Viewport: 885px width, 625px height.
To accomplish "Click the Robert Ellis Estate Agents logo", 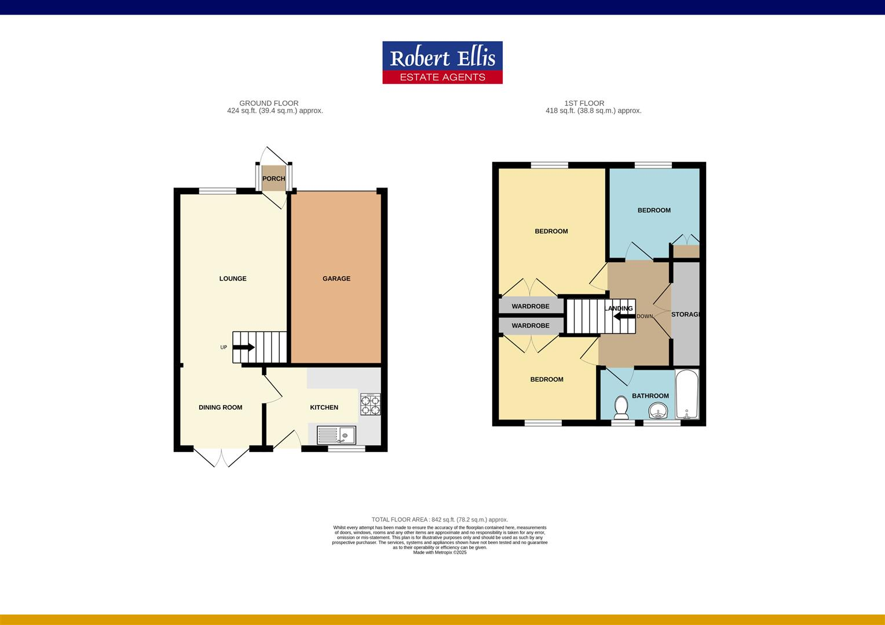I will (x=443, y=62).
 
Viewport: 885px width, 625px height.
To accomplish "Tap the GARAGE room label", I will (x=336, y=278).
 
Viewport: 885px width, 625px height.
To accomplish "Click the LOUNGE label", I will (x=233, y=278).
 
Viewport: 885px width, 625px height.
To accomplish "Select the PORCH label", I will (x=273, y=179).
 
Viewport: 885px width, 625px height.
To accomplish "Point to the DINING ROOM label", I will (x=220, y=407).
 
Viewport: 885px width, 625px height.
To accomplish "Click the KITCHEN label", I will (x=324, y=407).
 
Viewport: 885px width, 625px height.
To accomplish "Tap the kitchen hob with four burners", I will (x=371, y=404).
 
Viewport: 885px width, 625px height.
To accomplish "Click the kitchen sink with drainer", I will (x=337, y=435).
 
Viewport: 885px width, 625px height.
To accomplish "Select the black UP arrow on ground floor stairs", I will (x=243, y=347).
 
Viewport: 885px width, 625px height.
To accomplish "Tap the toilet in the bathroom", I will (x=621, y=407).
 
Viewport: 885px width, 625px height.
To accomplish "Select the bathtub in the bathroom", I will (x=687, y=395).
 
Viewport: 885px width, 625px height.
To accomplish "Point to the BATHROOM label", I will (x=650, y=396).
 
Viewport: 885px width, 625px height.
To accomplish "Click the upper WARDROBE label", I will (x=530, y=306).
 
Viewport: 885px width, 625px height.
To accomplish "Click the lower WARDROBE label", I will (x=530, y=326).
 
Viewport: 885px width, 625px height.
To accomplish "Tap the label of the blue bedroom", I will (x=654, y=210).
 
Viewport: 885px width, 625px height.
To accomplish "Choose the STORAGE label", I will (x=686, y=314).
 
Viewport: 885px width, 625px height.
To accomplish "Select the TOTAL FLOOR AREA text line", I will (x=440, y=520).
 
